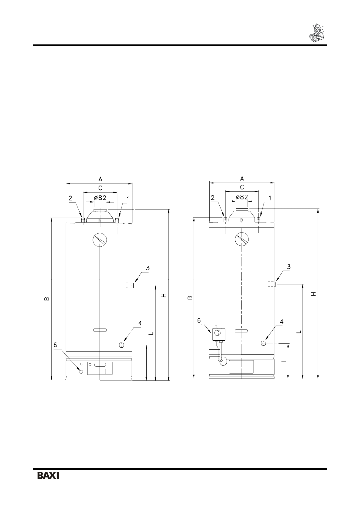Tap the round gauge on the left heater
tap(100, 239)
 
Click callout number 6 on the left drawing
tap(55, 345)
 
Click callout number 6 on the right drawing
tap(199, 320)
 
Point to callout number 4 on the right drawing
tap(282, 322)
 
